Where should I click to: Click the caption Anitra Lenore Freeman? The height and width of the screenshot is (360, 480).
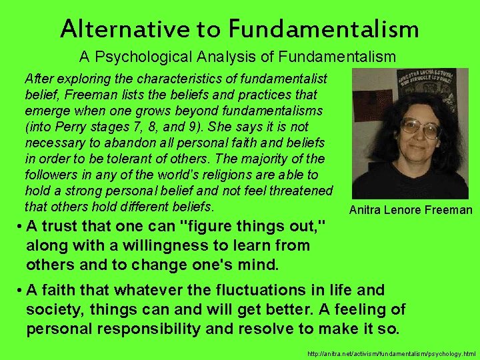tap(410, 211)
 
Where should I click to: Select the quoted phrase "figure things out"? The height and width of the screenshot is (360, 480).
tap(254, 226)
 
